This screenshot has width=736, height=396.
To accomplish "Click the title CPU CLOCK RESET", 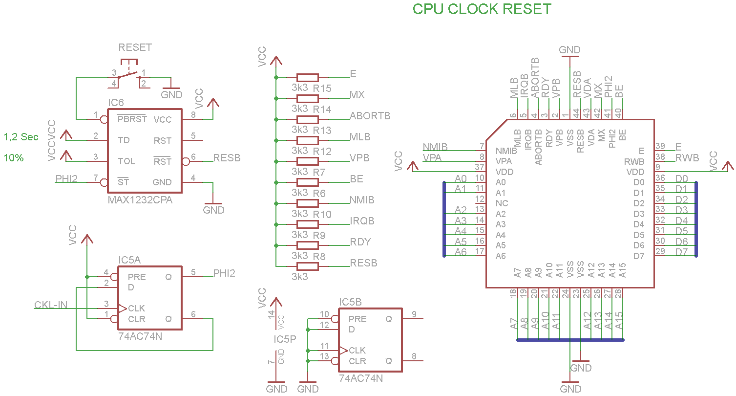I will tap(482, 9).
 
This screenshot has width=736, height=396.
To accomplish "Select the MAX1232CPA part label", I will tap(140, 200).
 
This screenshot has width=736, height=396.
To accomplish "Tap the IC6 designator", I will tap(116, 103).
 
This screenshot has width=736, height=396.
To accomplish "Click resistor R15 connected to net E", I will tap(308, 77).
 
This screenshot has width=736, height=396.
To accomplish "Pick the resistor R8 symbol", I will tap(308, 266).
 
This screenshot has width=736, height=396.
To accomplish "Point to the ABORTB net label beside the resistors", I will tap(370, 116).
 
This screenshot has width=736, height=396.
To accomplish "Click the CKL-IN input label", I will tap(51, 305).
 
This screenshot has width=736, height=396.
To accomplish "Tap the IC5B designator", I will tap(350, 302).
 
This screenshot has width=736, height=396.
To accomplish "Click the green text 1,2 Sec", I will tap(21, 137).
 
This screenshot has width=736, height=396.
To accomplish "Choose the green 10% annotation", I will tap(14, 158).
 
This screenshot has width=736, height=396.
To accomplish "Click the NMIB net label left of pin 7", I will tap(436, 147).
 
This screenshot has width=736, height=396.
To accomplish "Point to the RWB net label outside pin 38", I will tap(687, 157).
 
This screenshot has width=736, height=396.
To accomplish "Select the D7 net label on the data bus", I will tap(681, 252).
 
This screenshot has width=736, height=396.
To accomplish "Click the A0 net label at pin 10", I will tap(461, 179).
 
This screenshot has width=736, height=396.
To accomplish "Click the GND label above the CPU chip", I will tap(569, 50).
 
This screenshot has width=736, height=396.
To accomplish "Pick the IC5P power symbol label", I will tap(285, 339).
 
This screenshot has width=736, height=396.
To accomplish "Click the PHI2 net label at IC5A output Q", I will tap(224, 273).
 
